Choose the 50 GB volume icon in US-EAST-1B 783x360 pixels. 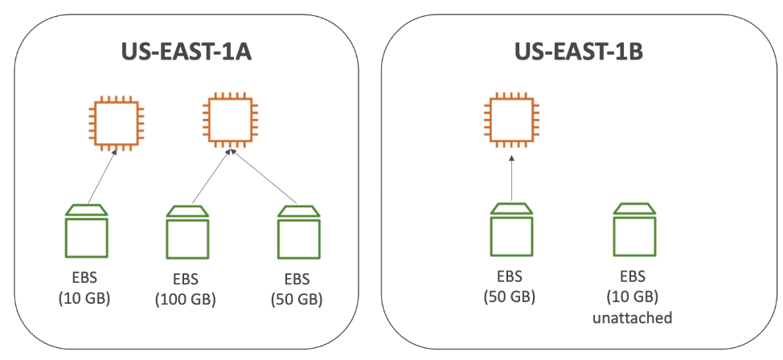511,229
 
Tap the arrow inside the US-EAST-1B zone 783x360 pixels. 511,178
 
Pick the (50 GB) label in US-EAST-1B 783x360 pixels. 511,297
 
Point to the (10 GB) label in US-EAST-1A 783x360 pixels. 84,299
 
